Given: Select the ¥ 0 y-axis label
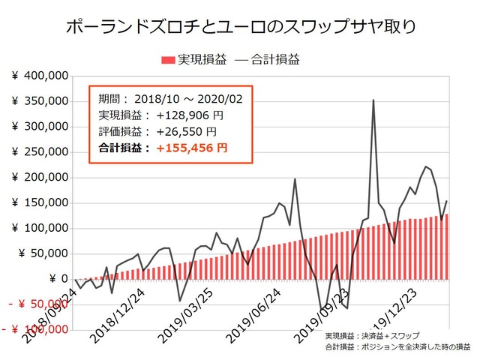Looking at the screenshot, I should (x=53, y=279).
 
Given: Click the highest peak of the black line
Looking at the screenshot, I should (x=373, y=100).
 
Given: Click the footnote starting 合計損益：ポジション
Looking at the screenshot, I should (x=397, y=347).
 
